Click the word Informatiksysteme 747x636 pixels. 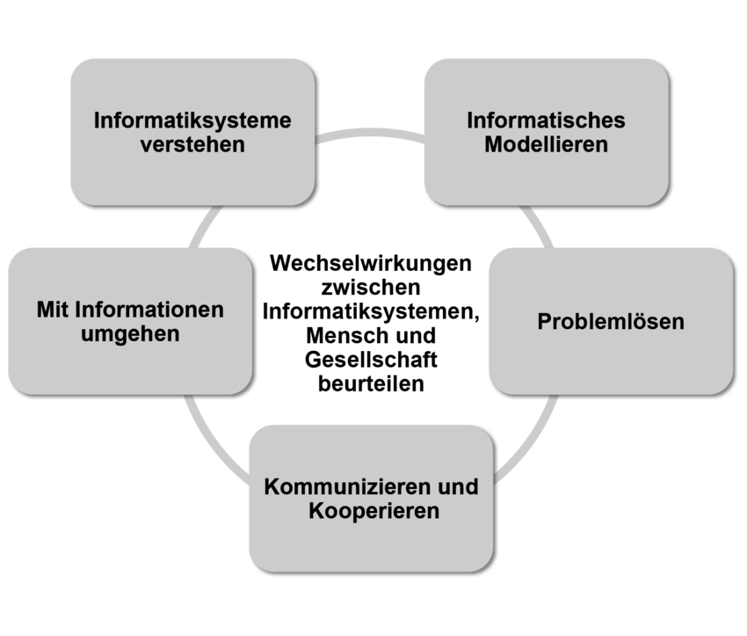pos(192,120)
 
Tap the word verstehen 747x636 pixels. pos(192,144)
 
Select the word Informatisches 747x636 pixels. pos(546,120)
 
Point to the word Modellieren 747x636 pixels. pos(546,144)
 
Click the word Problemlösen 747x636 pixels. pos(611,321)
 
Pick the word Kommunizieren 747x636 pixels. pos(348,486)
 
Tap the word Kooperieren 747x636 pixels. pos(374,510)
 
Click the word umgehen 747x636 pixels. pos(129,334)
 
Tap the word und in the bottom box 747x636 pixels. pos(460,486)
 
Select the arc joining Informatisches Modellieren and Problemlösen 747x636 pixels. pos(538,225)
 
